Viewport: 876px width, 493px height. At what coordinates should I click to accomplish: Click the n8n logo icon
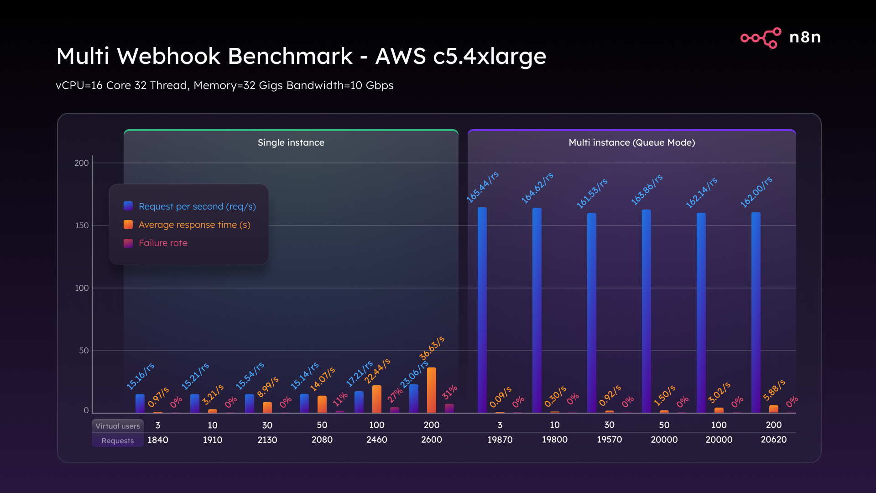761,37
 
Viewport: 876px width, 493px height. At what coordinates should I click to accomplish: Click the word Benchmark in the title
290,57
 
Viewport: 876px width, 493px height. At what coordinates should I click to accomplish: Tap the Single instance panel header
291,142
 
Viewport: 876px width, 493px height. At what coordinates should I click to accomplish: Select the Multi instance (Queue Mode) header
631,142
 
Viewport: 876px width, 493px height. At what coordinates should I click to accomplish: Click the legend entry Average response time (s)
194,225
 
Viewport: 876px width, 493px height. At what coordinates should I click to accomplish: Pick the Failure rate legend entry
162,243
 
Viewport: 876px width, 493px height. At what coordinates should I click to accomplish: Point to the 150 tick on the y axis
82,226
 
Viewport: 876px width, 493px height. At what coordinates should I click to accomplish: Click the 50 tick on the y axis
83,351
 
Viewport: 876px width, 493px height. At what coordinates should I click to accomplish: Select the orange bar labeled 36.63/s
431,390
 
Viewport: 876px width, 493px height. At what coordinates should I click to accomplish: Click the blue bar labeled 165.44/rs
482,310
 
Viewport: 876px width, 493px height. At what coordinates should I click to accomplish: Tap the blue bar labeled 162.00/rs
756,313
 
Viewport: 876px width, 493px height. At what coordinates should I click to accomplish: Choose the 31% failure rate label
449,392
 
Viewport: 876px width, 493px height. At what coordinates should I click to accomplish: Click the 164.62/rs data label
537,188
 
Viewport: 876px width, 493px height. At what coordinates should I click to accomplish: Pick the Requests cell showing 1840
158,440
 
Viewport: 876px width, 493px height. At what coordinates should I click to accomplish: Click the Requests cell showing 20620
773,440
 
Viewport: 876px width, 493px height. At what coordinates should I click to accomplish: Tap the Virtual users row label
118,426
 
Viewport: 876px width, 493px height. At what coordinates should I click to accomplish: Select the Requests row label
118,441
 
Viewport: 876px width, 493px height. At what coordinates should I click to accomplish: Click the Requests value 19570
609,440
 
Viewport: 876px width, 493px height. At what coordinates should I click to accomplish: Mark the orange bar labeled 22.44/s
376,399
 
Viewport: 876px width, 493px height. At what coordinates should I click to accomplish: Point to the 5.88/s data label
774,390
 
